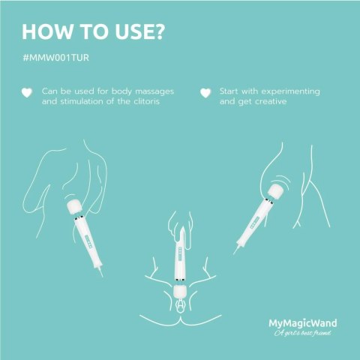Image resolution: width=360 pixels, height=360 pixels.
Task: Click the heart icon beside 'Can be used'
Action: click(x=26, y=93)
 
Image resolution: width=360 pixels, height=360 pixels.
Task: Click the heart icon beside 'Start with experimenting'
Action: click(x=205, y=93)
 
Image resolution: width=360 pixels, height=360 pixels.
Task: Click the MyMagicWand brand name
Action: click(x=301, y=324)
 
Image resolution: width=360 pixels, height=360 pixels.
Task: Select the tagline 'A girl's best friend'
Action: click(x=301, y=334)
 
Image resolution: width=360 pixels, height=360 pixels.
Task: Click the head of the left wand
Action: click(x=73, y=205)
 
